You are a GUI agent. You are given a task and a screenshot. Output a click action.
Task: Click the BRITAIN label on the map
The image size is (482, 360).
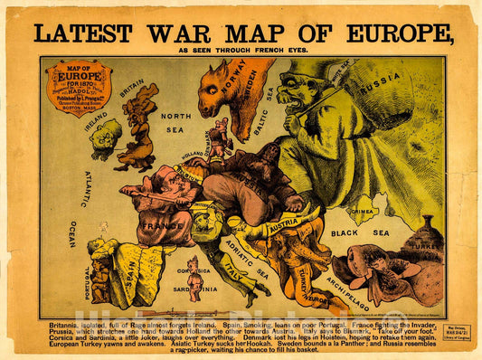pyautogui.click(x=132, y=89)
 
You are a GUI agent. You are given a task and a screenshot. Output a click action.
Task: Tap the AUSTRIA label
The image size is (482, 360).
pyautogui.click(x=283, y=222)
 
